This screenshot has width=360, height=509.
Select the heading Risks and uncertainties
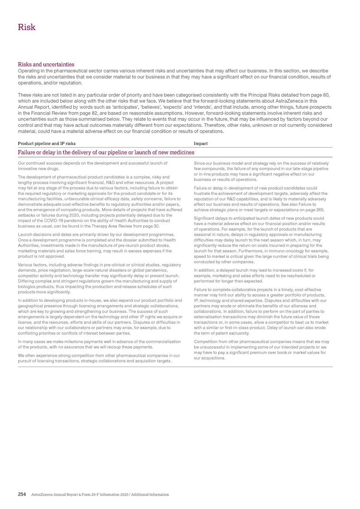45,64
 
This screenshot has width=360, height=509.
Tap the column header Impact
200,144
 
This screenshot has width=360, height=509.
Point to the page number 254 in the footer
21,494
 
